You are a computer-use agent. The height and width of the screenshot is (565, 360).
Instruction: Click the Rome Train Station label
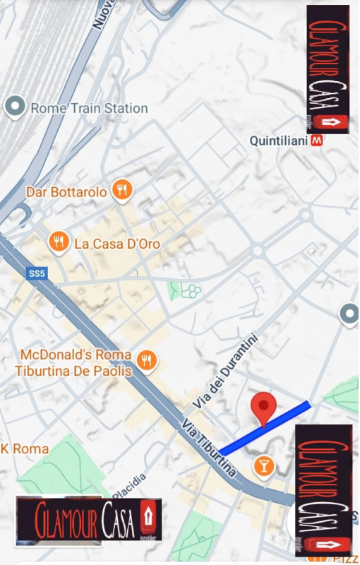click(88, 108)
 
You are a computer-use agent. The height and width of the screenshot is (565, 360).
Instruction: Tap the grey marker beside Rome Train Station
click(14, 107)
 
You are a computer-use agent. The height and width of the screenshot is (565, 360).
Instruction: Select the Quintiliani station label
click(280, 141)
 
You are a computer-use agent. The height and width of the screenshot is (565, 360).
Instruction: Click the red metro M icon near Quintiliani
click(318, 141)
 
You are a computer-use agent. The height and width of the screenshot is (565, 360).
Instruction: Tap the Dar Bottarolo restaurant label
click(66, 191)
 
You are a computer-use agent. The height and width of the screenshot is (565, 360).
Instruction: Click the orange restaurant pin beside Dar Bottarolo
click(122, 190)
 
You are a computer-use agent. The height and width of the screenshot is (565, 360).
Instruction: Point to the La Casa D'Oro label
click(117, 244)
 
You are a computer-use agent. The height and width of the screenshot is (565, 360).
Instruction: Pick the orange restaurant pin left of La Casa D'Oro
click(59, 243)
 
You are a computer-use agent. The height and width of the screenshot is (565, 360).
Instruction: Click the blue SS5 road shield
click(37, 273)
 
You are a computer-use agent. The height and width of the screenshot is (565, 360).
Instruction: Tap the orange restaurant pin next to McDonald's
click(147, 360)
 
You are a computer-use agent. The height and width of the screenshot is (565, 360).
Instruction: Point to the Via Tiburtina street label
click(208, 448)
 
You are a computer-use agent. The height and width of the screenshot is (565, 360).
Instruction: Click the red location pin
click(264, 408)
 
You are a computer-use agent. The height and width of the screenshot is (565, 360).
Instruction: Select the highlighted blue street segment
click(265, 428)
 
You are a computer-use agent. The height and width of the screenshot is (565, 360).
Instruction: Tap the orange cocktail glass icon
click(264, 465)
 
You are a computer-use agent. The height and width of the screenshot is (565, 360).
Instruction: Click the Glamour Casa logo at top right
click(328, 69)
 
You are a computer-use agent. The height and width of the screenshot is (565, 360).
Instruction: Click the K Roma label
click(25, 448)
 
